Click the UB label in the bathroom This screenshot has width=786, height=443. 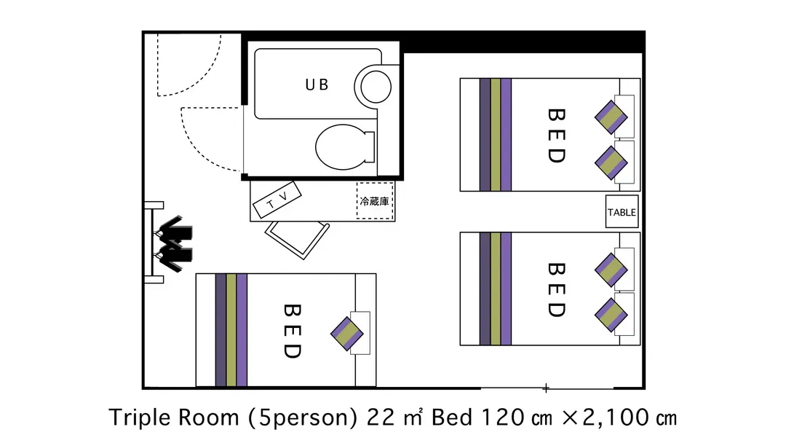317,85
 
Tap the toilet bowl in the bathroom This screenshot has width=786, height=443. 345,147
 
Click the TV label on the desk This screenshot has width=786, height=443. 277,200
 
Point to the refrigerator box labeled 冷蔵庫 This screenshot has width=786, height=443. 375,200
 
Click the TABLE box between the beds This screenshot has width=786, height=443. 622,212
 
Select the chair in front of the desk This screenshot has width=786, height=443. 297,239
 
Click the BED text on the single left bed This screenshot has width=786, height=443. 293,331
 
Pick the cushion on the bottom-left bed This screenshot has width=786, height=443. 347,334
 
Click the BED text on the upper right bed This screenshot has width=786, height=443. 557,136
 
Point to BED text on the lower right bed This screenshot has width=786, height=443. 557,289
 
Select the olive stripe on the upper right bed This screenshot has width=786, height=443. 496,135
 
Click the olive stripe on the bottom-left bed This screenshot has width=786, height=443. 231,330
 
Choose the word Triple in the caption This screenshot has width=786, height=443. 138,418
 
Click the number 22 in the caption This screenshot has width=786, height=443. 382,418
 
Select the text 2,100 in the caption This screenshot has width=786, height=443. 616,418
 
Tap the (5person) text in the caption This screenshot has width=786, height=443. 302,418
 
